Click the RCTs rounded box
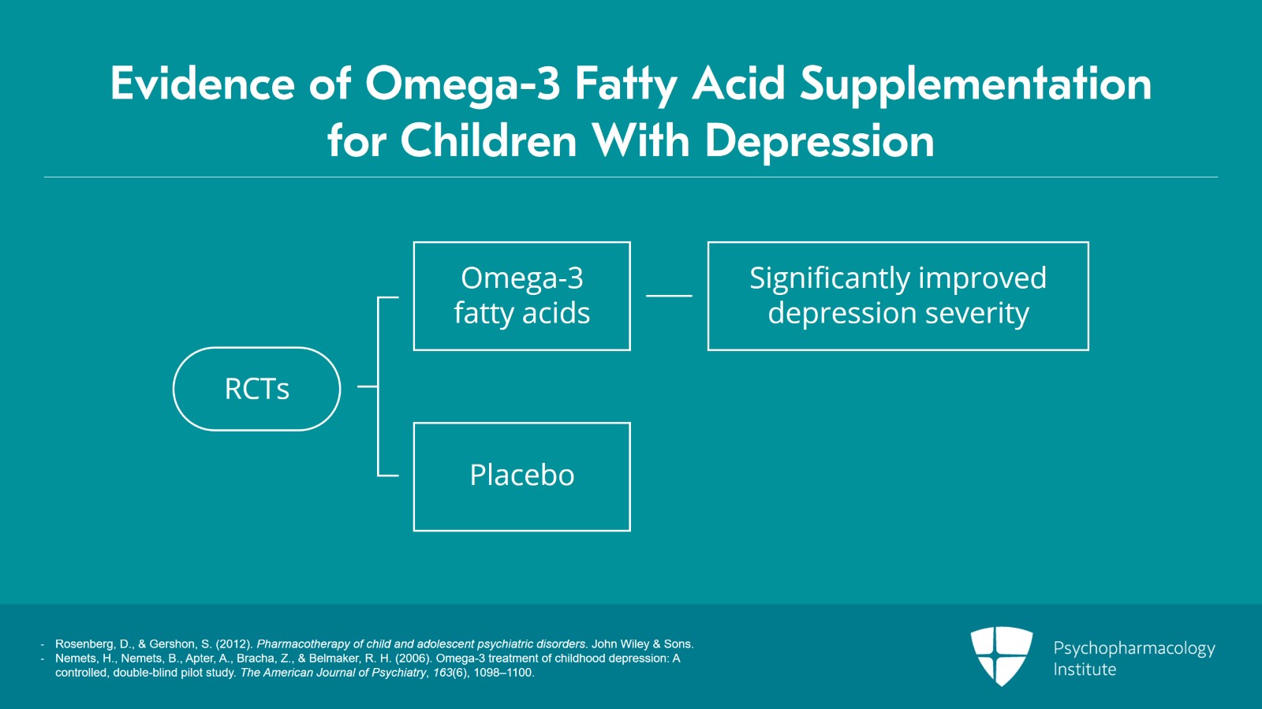256,389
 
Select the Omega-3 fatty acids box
521,296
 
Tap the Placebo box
521,476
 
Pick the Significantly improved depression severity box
898,296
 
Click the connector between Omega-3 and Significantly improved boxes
669,296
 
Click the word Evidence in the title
202,84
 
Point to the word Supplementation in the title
976,84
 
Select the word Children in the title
489,142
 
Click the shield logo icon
1001,655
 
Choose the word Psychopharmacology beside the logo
1133,648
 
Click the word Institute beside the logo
1085,670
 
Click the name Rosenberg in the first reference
84,644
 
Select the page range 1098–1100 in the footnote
503,673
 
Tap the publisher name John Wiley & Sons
642,644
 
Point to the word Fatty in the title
625,84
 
